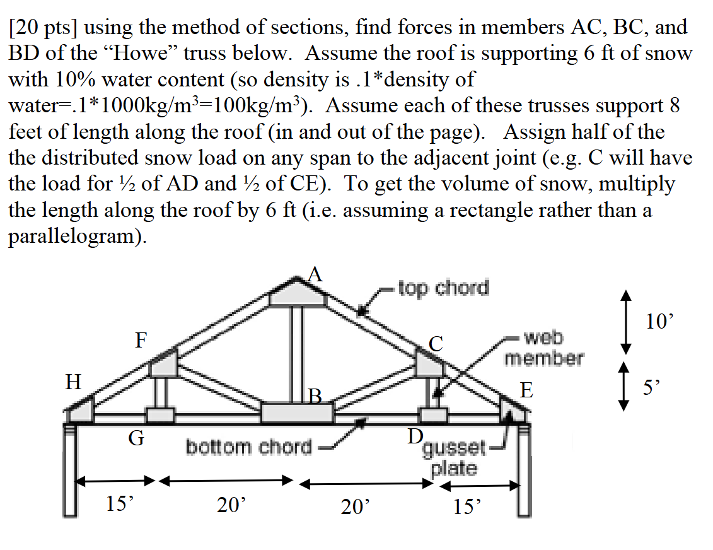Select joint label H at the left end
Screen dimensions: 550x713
(74, 382)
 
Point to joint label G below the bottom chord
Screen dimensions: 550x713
(136, 436)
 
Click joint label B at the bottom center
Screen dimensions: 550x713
(316, 397)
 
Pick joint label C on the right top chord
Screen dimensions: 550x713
(437, 344)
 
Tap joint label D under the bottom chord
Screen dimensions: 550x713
(415, 436)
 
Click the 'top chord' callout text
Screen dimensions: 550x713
(443, 288)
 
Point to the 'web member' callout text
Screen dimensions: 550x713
(544, 348)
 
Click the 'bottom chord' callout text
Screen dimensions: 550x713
(249, 447)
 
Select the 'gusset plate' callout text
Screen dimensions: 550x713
(454, 459)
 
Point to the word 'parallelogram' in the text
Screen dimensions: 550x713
(76, 236)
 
